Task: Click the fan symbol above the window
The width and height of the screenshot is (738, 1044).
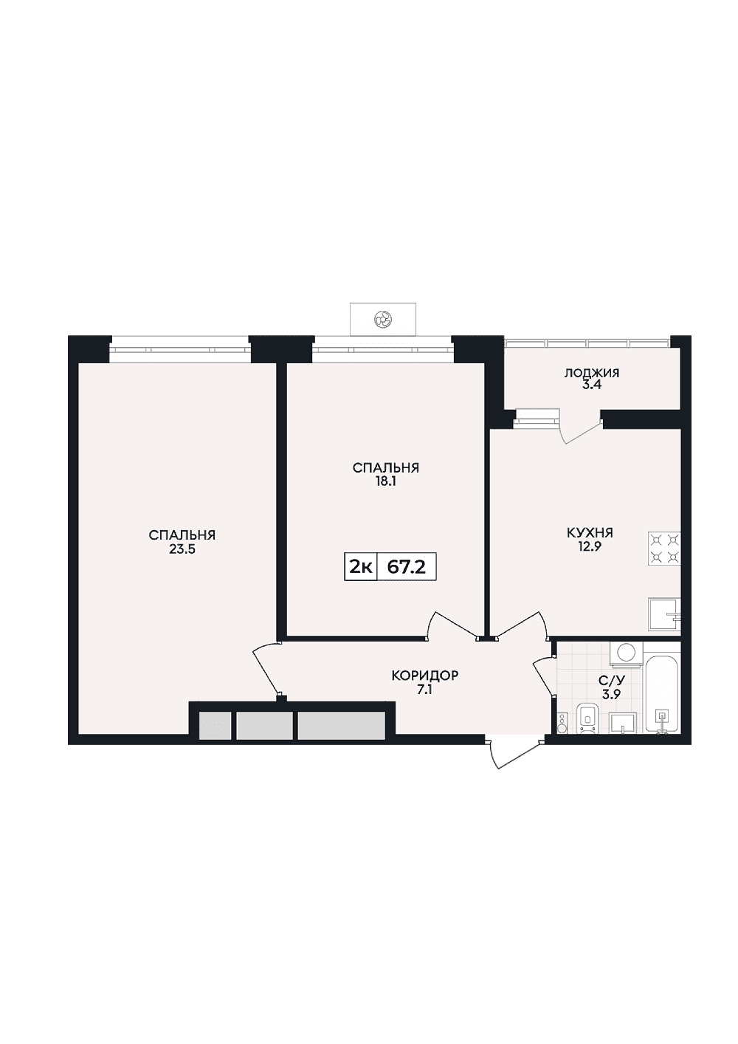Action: pos(382,319)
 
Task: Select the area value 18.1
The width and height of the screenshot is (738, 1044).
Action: pos(386,482)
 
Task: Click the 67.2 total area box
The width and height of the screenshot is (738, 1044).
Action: pos(407,568)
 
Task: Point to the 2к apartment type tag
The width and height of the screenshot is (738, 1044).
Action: pos(361,568)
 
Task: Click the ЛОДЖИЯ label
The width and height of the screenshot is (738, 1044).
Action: pos(592,373)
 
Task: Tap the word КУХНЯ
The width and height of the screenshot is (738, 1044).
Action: pos(590,533)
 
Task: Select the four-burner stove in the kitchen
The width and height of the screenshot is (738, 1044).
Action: pos(664,549)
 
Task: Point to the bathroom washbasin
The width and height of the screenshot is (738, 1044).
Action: pos(624,723)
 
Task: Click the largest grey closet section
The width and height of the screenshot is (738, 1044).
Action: pos(342,725)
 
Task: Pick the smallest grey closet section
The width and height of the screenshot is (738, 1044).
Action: pos(215,725)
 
